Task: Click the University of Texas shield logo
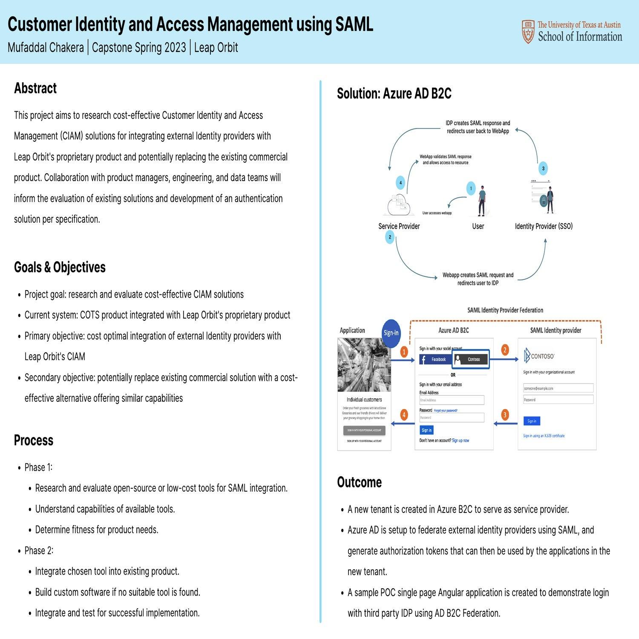(528, 32)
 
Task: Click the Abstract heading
(35, 88)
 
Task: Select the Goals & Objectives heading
(60, 267)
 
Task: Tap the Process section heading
(34, 440)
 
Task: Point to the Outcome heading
(359, 482)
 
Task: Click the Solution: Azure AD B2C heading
(394, 93)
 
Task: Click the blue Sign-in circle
(391, 332)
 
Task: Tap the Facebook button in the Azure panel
(435, 360)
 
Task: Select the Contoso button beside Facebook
(470, 360)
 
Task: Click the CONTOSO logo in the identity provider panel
(539, 356)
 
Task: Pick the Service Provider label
(399, 226)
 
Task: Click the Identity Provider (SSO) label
(544, 226)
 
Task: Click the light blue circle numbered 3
(543, 168)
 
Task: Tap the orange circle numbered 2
(505, 350)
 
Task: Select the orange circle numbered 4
(404, 414)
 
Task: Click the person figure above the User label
(482, 201)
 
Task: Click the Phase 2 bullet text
(39, 550)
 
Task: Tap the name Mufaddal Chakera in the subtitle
(46, 47)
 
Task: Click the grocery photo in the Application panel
(364, 365)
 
